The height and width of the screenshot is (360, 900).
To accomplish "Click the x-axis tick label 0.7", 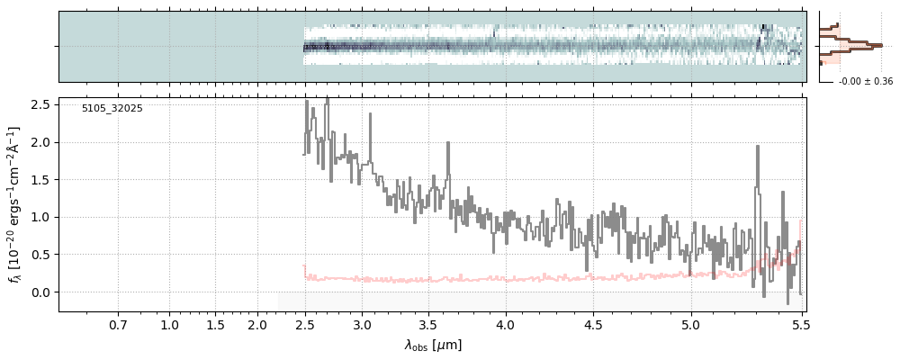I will coord(118,324).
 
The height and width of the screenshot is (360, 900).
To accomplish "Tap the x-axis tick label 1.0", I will coord(169,324).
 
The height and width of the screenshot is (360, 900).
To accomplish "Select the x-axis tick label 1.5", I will coord(215,324).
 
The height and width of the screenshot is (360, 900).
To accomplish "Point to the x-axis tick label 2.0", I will coord(257,324).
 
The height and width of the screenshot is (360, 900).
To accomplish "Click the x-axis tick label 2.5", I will coord(305,324).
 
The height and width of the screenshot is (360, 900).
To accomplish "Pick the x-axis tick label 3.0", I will coord(362,324).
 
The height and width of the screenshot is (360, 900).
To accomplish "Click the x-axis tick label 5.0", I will coord(691,324).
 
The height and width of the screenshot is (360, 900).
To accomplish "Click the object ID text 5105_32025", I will coord(112,109).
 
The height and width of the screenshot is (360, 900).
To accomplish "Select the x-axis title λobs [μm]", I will coord(432,345).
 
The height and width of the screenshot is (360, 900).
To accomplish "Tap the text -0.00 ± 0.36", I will coord(865,82).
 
